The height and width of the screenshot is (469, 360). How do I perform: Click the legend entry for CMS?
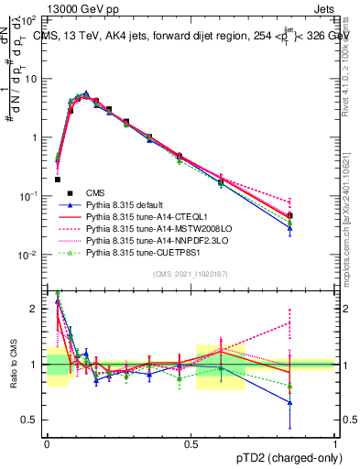[95, 192]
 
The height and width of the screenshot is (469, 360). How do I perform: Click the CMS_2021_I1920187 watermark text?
[190, 274]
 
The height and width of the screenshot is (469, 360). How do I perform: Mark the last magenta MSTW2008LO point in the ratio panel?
[315, 322]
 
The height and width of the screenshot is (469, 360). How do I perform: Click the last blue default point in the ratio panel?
[315, 402]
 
